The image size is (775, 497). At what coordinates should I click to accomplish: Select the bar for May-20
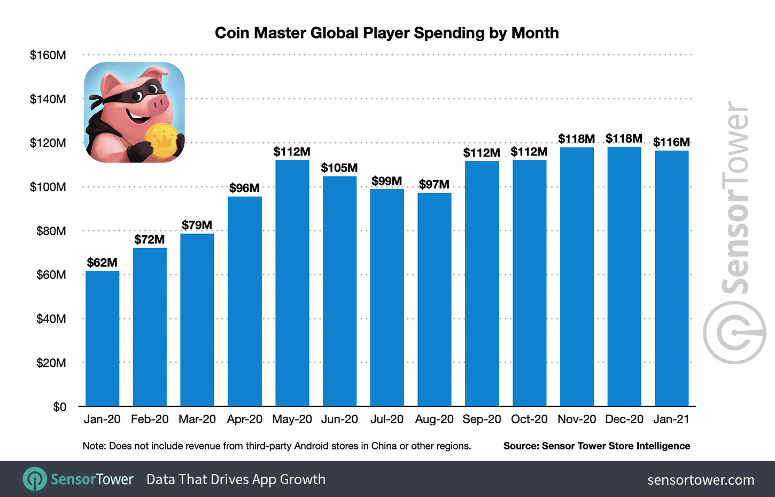(292, 283)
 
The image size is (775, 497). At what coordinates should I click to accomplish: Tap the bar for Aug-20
(434, 299)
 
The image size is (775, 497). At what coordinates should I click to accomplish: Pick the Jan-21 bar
(671, 278)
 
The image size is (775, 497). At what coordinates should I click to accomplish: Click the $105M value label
(339, 168)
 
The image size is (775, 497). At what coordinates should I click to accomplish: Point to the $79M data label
(197, 225)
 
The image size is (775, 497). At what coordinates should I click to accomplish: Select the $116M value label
(671, 142)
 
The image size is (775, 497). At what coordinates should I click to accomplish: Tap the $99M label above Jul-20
(386, 181)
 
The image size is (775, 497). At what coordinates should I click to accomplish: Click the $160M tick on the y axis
(48, 55)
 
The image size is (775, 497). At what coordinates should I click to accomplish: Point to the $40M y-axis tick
(51, 319)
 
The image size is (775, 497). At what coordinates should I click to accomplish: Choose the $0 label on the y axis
(59, 407)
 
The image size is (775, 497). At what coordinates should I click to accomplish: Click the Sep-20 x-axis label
(482, 420)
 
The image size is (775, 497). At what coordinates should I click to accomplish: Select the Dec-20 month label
(624, 420)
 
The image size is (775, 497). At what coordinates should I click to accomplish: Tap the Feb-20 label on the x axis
(150, 420)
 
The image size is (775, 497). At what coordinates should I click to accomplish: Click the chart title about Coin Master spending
(386, 33)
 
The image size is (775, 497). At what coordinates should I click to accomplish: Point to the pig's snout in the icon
(158, 102)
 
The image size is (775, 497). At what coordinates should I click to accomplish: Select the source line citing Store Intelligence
(596, 446)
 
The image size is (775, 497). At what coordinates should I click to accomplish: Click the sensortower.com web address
(701, 480)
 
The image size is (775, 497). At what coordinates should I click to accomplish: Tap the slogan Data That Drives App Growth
(236, 479)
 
